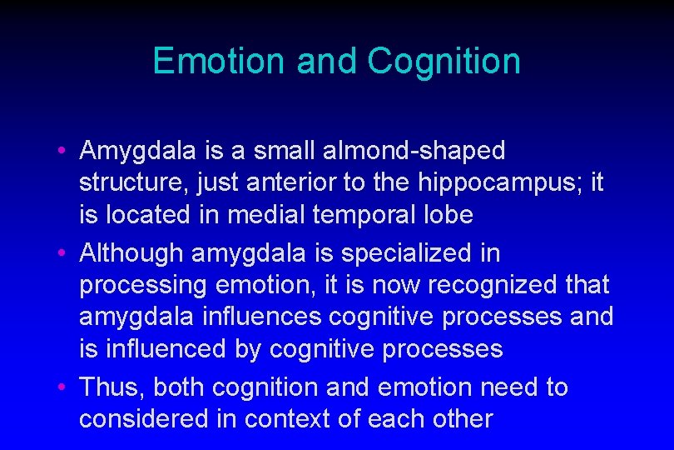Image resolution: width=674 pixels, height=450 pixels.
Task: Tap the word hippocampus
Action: [x=491, y=183]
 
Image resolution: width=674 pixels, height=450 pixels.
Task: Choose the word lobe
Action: [x=449, y=215]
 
